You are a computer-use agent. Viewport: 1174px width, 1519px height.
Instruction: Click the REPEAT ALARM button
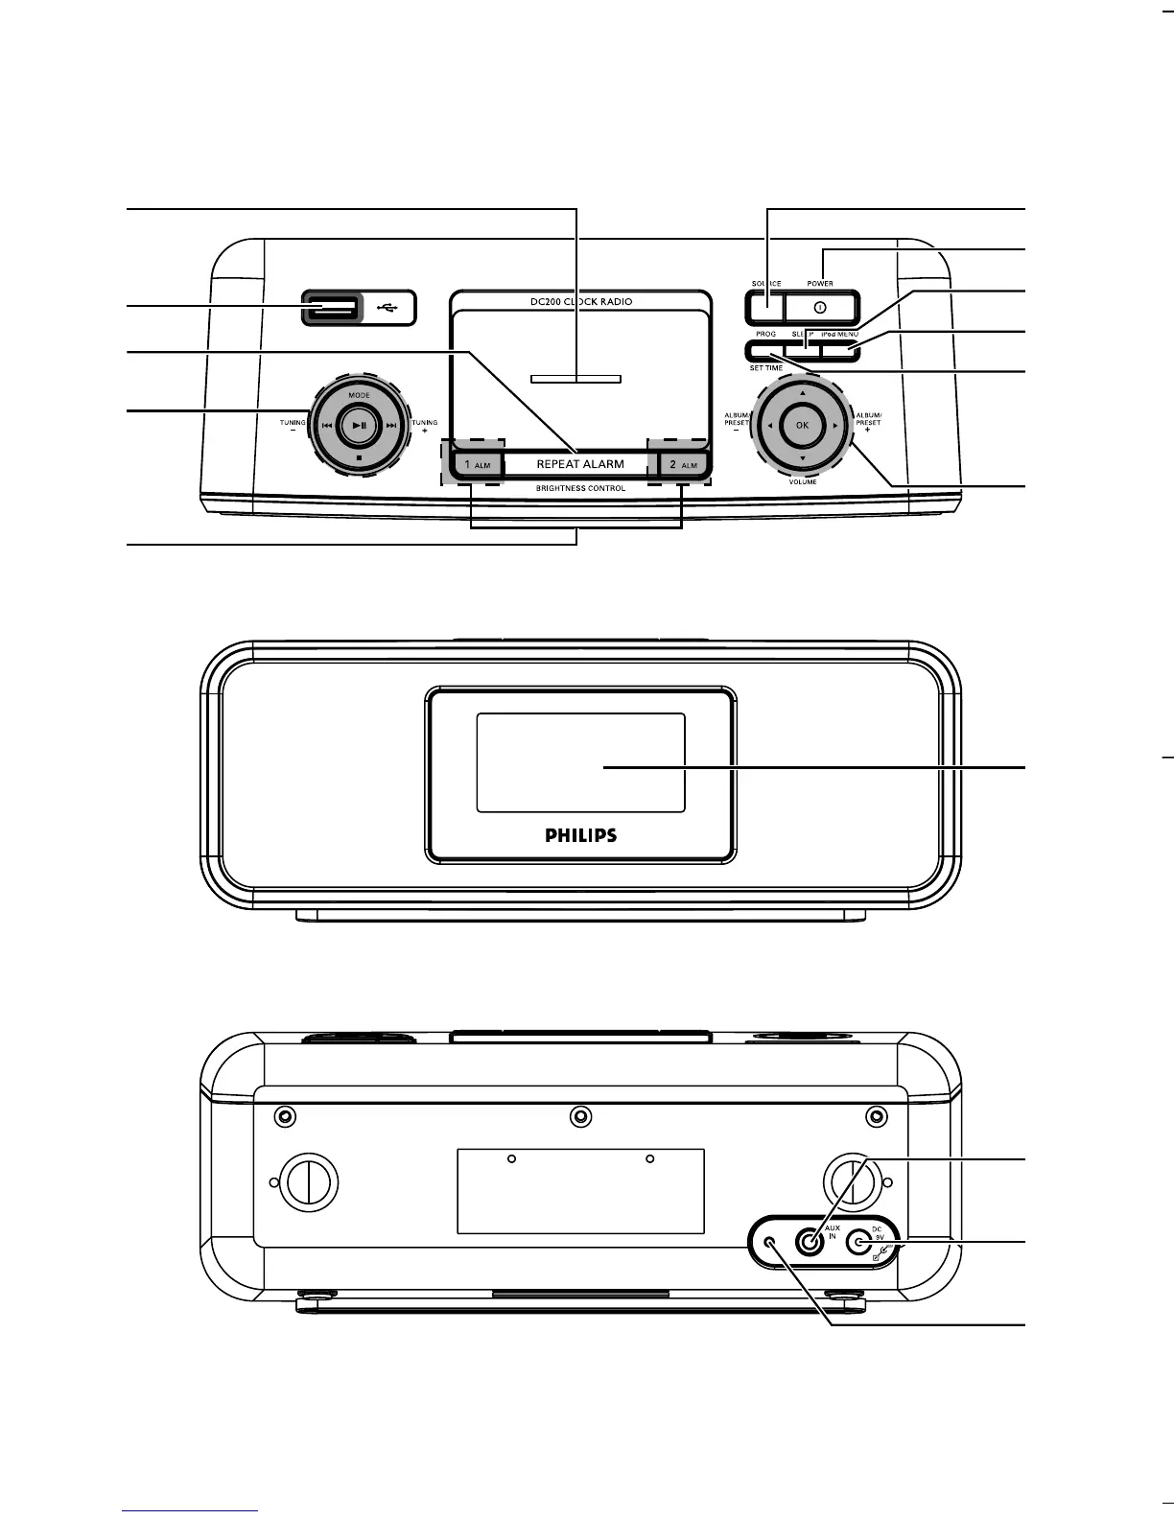(579, 464)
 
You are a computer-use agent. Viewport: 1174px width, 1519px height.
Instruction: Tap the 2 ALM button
(682, 464)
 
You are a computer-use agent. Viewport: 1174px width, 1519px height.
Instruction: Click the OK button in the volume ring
(803, 425)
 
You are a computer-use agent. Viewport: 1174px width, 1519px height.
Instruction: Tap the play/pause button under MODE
(358, 425)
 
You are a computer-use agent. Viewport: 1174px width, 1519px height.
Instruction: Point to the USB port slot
(331, 308)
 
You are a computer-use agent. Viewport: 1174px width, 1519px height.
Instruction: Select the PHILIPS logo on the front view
(581, 835)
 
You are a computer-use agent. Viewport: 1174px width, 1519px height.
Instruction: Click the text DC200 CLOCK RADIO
(581, 301)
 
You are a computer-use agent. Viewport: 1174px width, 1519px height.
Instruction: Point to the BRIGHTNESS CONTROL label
(580, 488)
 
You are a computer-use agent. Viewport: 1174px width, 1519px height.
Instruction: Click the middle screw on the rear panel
(579, 1115)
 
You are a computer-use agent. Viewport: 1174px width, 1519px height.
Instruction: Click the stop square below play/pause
(358, 458)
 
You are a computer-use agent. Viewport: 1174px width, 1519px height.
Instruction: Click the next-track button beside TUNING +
(390, 425)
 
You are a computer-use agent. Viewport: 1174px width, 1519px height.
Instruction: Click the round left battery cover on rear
(307, 1182)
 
